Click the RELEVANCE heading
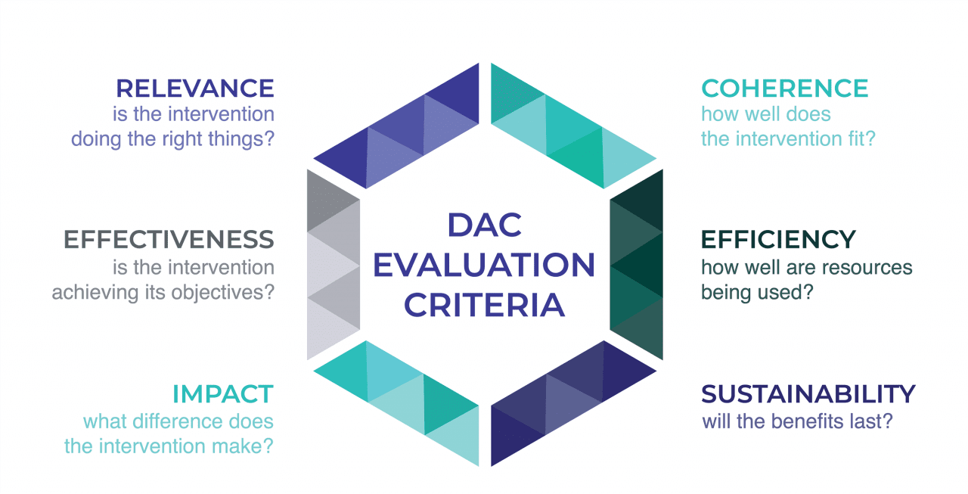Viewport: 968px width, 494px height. tap(195, 89)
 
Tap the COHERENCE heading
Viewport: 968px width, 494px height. tap(784, 89)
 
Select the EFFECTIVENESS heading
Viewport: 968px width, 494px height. tap(169, 239)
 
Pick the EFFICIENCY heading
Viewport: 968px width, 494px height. tap(778, 239)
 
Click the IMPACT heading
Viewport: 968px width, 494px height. tap(222, 394)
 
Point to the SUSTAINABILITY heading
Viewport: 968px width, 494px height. tap(808, 394)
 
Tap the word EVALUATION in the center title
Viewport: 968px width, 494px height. tap(484, 266)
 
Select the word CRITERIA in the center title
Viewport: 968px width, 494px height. tap(484, 306)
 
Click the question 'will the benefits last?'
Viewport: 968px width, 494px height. tap(797, 421)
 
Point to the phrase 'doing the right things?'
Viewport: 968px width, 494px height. tap(172, 140)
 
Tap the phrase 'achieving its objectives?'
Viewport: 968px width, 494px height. tap(163, 293)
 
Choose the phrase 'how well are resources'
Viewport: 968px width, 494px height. tap(806, 268)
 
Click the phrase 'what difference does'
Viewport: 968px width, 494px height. tap(178, 421)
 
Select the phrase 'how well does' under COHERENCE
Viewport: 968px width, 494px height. tap(765, 114)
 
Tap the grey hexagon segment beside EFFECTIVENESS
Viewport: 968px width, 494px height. tap(333, 265)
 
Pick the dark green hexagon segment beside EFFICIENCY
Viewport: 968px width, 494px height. tap(637, 265)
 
